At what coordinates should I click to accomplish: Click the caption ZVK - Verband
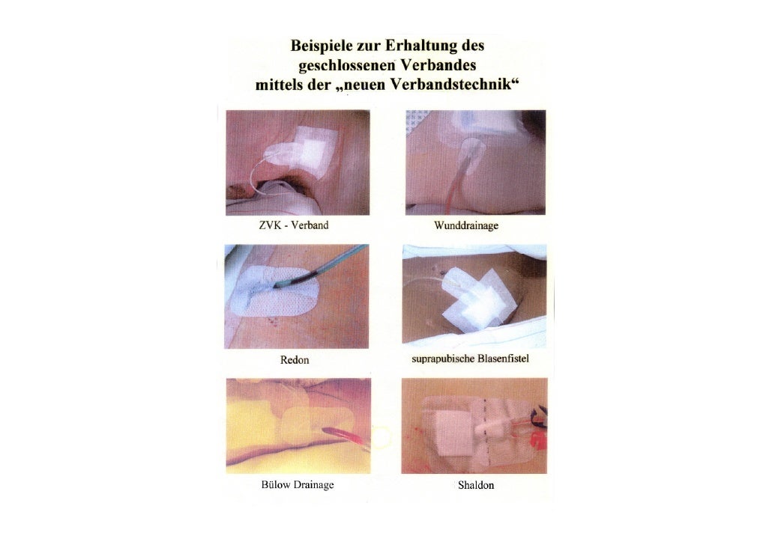tap(294, 225)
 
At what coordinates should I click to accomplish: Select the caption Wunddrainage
tap(466, 226)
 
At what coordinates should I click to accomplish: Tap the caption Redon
tap(295, 360)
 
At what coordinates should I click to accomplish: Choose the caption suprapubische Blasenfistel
tap(470, 359)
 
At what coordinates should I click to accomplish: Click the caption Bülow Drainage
tap(298, 484)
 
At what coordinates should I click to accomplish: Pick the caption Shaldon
tap(476, 485)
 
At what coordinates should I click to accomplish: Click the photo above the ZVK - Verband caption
tap(298, 162)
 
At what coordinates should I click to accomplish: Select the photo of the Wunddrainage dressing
tap(476, 162)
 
